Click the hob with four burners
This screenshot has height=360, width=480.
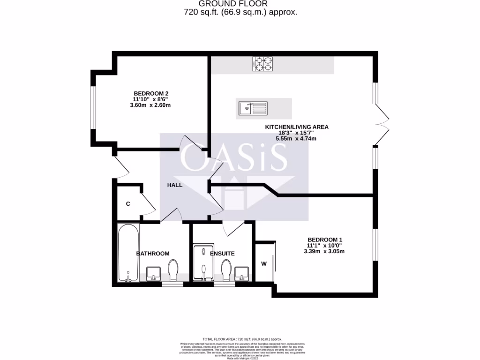262,64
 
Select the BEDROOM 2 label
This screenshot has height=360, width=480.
151,93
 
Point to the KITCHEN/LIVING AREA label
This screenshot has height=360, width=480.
297,127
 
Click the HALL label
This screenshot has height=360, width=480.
175,185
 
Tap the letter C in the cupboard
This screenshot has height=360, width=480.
128,204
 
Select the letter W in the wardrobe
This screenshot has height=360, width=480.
264,263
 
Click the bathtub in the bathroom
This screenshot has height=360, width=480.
128,253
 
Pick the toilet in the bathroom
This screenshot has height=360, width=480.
173,270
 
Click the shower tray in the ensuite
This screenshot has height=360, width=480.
203,262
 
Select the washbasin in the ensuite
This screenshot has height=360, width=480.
242,273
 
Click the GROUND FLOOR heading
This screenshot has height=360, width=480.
240,4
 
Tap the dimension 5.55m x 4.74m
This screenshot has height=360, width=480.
296,139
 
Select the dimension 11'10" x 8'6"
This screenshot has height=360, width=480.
151,99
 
